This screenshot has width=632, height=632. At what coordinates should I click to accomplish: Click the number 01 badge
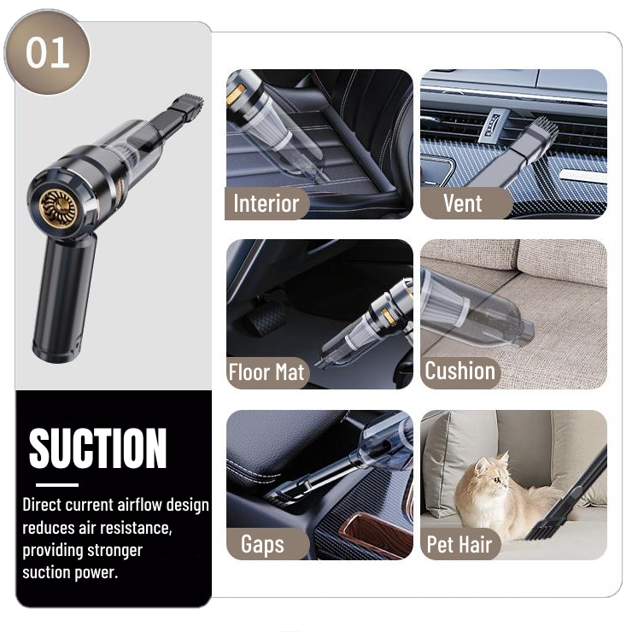(47, 52)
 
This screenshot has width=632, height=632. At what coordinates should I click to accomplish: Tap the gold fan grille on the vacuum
(58, 208)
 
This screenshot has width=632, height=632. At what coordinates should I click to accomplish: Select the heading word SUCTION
(98, 448)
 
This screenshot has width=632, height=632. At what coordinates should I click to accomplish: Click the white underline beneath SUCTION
(57, 485)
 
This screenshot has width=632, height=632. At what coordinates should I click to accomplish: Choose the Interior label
(266, 203)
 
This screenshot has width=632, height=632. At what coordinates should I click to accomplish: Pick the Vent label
(463, 203)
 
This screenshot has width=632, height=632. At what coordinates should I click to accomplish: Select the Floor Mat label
(266, 372)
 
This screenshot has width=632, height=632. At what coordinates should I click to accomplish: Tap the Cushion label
(459, 371)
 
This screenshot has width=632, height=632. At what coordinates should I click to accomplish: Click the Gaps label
(263, 544)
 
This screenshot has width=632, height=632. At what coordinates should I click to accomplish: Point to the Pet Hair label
(459, 545)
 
